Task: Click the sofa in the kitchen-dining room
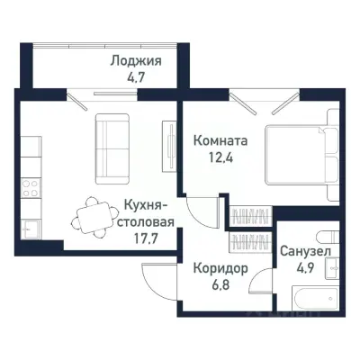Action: [x=114, y=137]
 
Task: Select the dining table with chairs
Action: [x=91, y=213]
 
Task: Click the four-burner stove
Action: [x=30, y=189]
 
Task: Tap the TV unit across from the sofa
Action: [x=167, y=139]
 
